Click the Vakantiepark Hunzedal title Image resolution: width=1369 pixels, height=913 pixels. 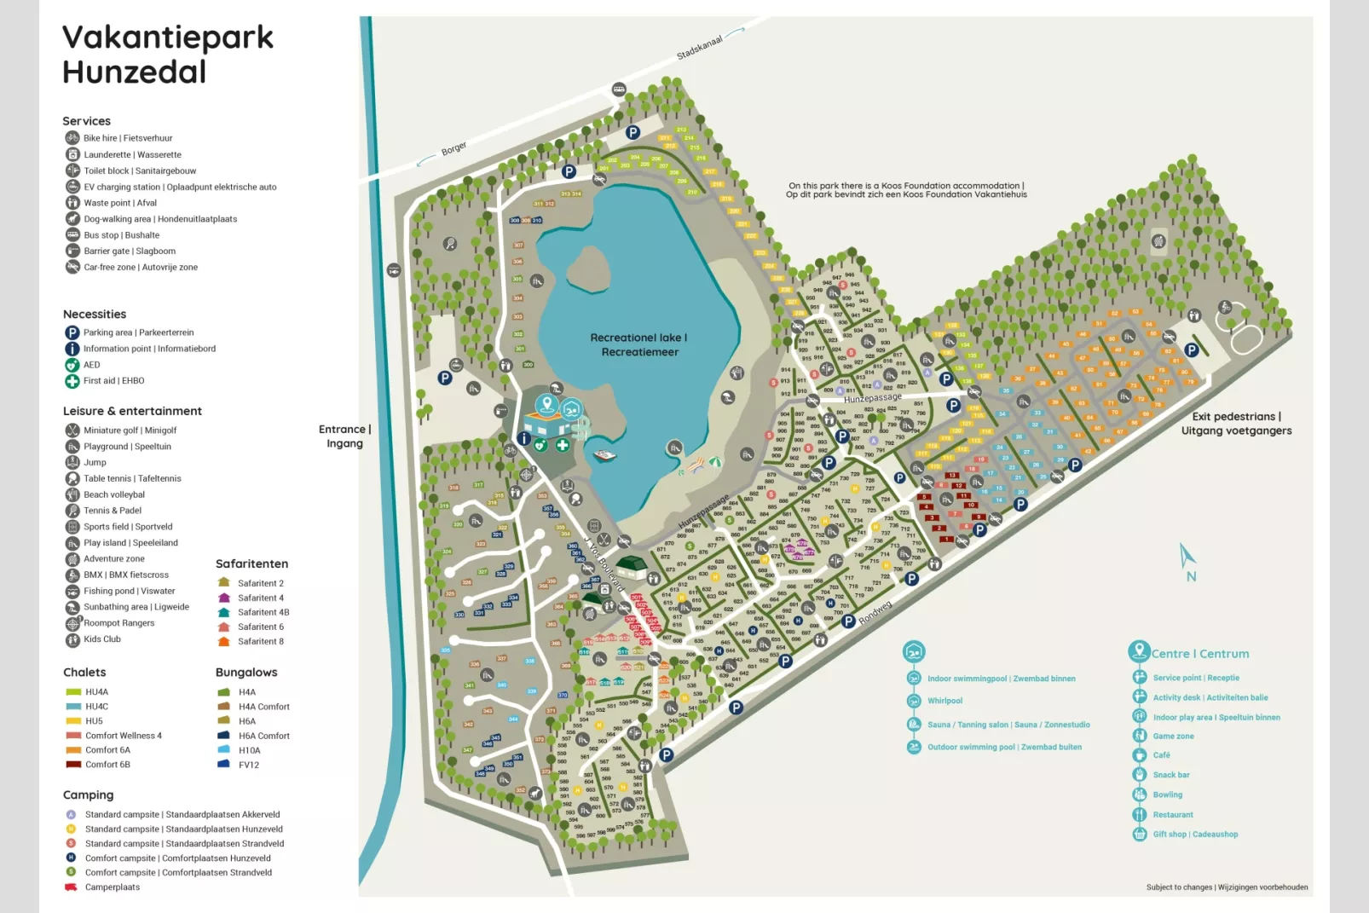click(167, 55)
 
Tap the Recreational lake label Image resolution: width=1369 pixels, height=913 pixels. click(638, 344)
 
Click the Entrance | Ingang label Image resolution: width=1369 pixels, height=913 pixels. click(344, 436)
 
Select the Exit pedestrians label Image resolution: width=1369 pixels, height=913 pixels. click(1236, 423)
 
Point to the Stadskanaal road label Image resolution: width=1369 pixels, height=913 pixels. click(700, 47)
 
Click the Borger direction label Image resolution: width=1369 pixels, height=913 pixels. click(453, 149)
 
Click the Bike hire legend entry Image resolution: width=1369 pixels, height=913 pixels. click(127, 138)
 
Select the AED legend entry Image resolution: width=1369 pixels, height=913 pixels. click(91, 365)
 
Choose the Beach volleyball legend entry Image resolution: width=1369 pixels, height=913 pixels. click(113, 494)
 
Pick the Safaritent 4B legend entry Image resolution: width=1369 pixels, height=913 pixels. click(263, 612)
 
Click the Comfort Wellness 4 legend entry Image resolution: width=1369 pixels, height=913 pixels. click(123, 736)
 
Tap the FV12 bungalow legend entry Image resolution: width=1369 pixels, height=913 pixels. click(248, 765)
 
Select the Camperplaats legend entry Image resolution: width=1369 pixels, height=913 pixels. click(112, 887)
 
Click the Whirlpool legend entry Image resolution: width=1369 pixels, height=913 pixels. click(944, 701)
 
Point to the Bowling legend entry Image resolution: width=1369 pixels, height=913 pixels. click(1167, 795)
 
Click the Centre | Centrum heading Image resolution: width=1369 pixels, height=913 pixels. click(1199, 654)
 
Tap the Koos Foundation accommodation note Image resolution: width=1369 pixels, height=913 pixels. click(906, 190)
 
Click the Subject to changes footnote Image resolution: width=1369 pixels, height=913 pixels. click(1227, 887)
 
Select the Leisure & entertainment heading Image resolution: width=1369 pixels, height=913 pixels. click(132, 411)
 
